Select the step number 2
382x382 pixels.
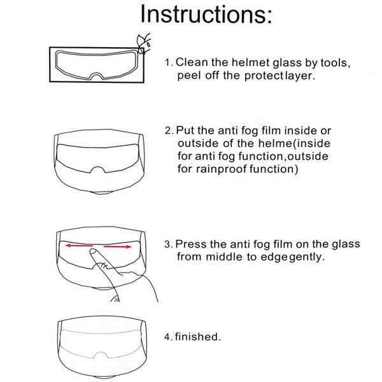[x=167, y=131]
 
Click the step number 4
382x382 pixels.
[x=167, y=337]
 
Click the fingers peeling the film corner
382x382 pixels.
[x=145, y=39]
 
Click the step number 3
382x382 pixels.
[x=167, y=244]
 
